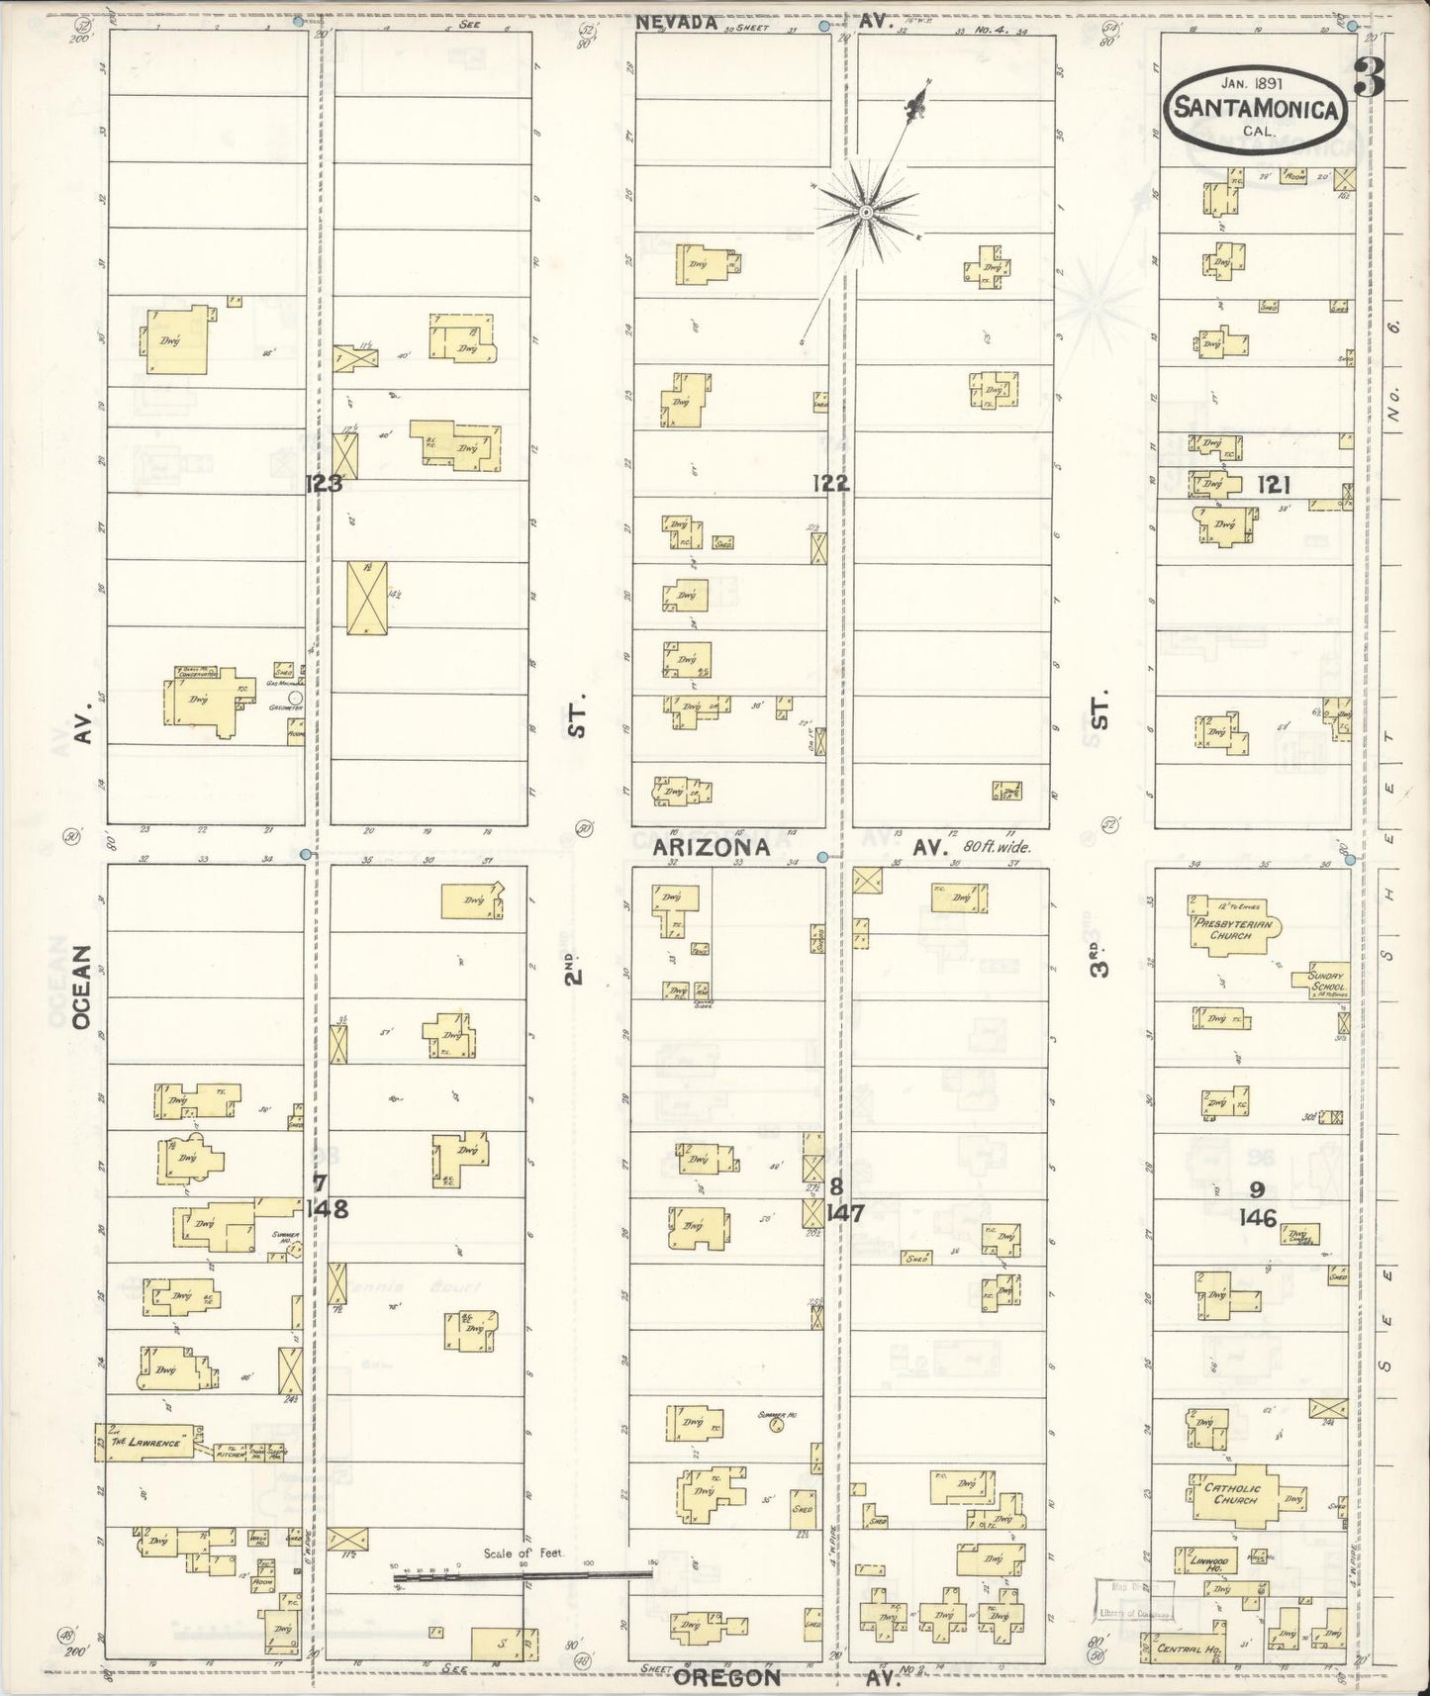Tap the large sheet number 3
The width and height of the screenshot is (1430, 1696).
(x=1369, y=77)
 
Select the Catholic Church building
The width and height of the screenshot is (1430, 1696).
(x=1233, y=1493)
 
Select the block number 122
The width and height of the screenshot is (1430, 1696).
(x=831, y=483)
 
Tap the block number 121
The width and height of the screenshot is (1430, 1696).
(x=1275, y=483)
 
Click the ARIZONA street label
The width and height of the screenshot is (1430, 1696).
(x=712, y=848)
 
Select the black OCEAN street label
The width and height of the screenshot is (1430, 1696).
(x=81, y=988)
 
